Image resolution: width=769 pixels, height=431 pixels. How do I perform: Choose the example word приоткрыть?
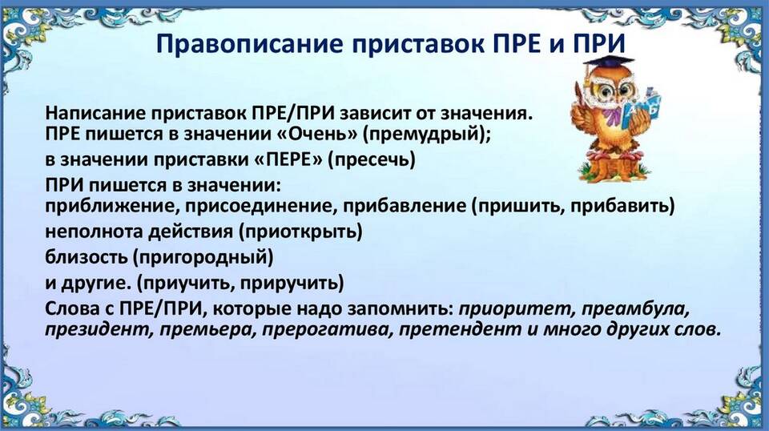pos(300,232)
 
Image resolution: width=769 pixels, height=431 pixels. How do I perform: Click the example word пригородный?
pos(203,257)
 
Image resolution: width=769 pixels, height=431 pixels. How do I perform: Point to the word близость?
pos(86,257)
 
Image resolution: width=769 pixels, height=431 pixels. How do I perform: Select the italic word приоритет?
pos(515,309)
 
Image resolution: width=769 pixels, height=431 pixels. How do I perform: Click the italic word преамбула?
pos(635,309)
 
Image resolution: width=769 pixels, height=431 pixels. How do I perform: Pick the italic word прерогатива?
pos(327,329)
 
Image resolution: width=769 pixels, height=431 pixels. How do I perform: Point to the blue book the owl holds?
pos(642,108)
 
